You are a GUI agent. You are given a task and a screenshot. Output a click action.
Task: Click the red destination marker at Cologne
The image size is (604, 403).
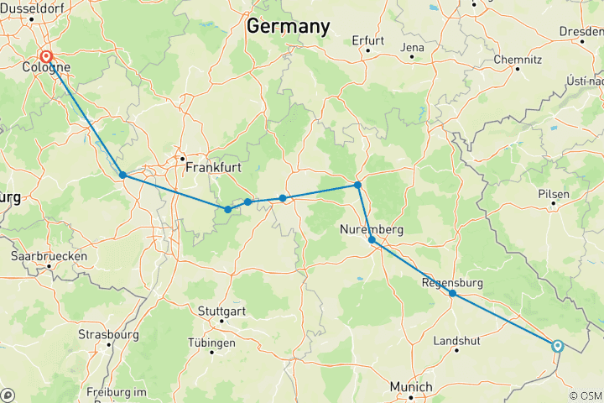(46, 58)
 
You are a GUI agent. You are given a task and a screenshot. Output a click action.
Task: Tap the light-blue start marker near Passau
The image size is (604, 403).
(557, 345)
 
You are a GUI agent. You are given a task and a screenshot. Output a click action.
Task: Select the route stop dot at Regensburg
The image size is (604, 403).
(453, 293)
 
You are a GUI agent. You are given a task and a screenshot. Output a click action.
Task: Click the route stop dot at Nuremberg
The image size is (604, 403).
(372, 239)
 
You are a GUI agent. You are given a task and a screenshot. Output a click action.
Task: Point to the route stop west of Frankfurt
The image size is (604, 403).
(122, 175)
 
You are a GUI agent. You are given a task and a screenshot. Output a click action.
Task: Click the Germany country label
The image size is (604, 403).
(288, 26)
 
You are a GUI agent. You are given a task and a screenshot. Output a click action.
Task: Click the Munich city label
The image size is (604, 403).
(411, 387)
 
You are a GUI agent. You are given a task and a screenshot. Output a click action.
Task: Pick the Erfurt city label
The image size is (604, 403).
(368, 39)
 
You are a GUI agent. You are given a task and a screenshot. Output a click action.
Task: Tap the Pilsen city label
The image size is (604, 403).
(554, 194)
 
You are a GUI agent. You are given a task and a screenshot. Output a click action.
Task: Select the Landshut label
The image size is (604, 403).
(457, 341)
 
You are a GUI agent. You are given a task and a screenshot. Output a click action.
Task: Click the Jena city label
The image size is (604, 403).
(414, 48)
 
